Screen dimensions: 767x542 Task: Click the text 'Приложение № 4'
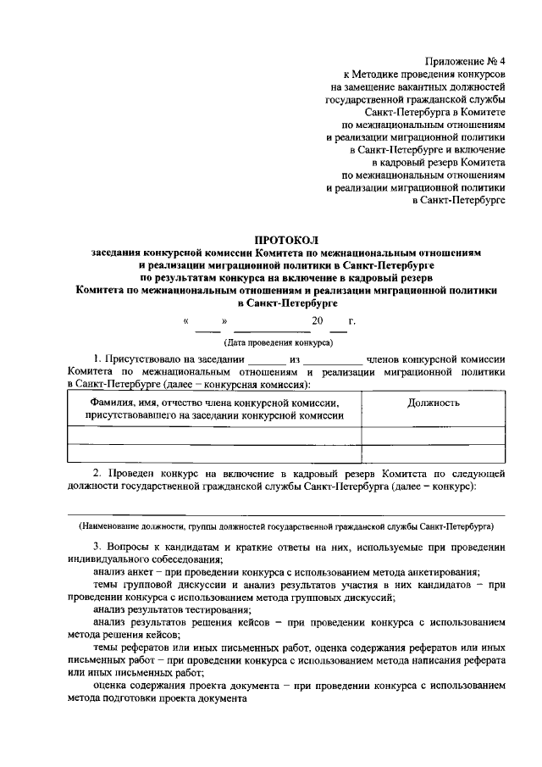tap(469, 61)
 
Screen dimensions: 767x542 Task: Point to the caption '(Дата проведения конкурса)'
tap(278, 342)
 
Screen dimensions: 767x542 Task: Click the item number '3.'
tap(98, 547)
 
